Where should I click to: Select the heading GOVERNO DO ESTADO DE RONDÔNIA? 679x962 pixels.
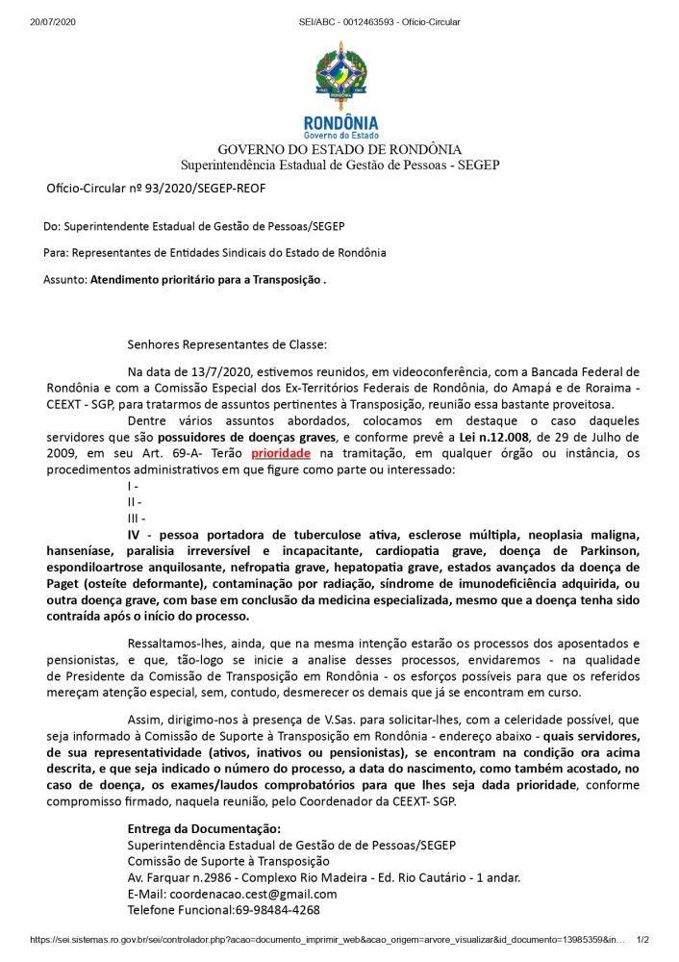coord(339,149)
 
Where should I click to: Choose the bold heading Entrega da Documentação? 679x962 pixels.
coord(204,829)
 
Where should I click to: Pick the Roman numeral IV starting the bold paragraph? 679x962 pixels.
coord(136,535)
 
